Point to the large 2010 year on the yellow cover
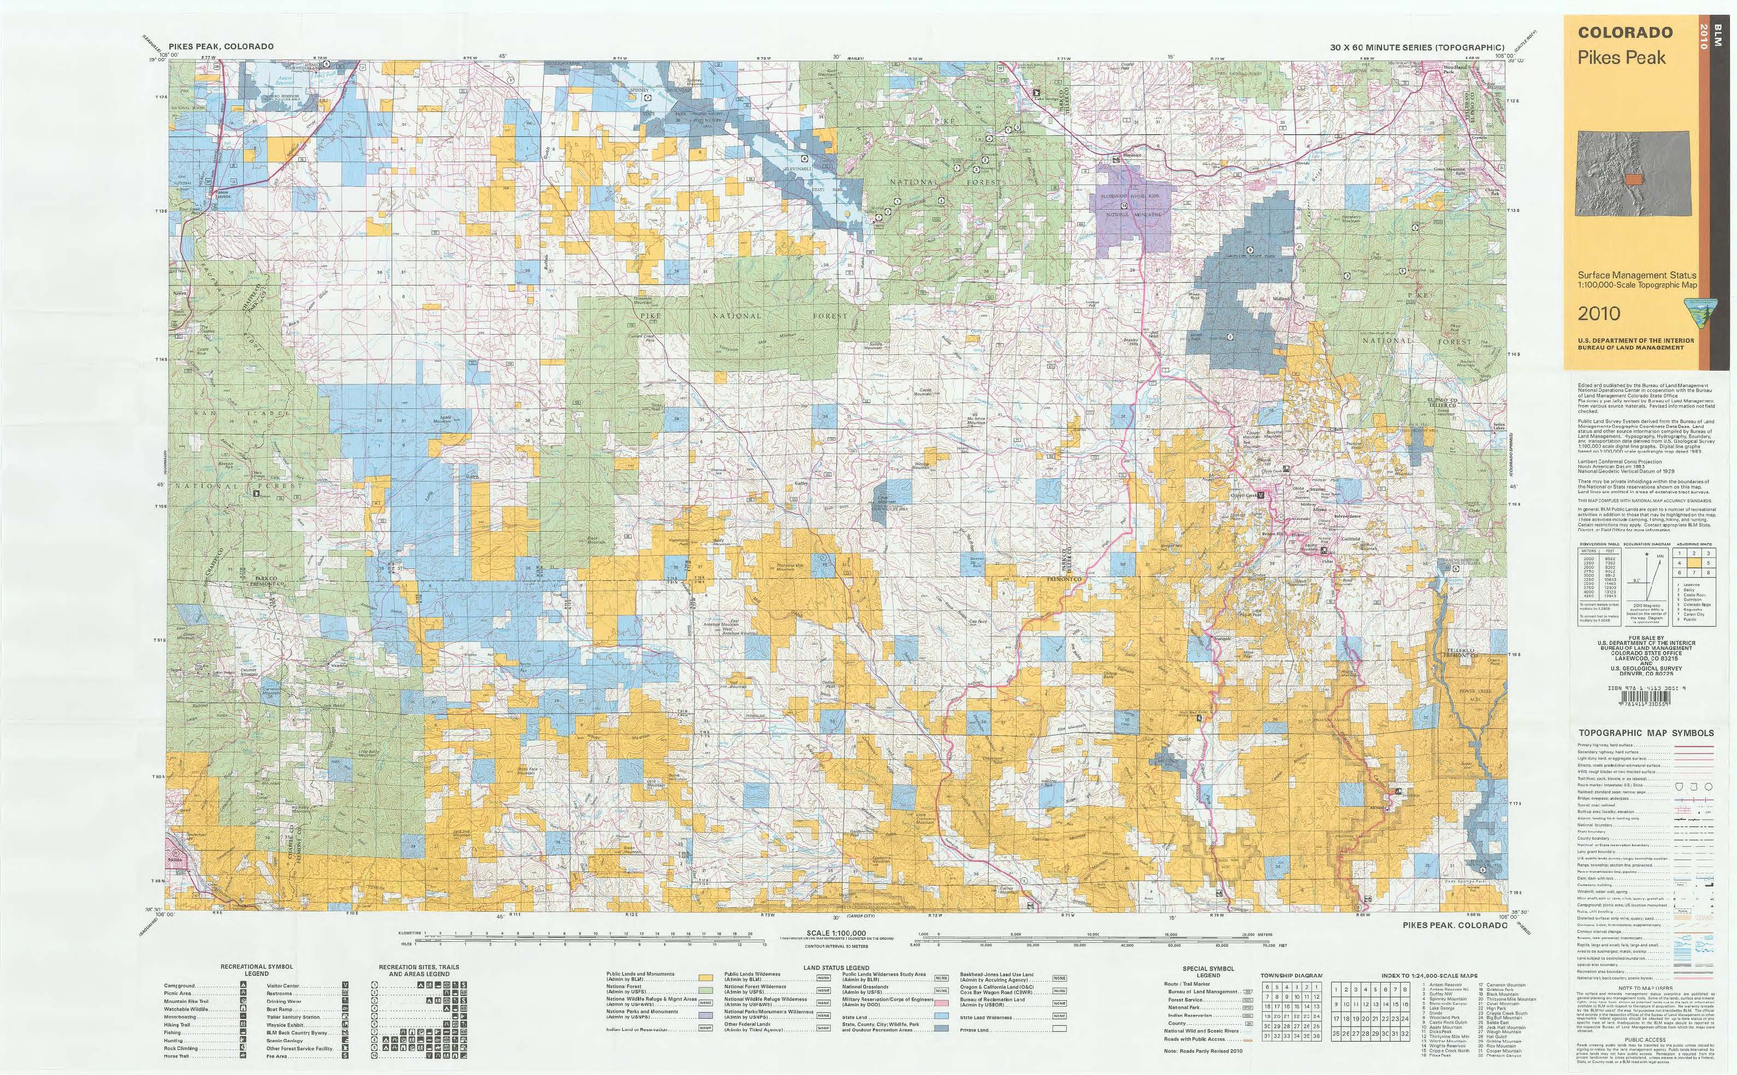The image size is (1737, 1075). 1599,313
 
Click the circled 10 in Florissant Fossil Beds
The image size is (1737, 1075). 1123,206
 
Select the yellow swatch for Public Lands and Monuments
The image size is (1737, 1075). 707,978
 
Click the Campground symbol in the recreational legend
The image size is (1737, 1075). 243,986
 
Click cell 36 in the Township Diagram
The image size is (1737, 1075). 1319,1056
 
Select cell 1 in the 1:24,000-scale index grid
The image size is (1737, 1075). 1337,989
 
